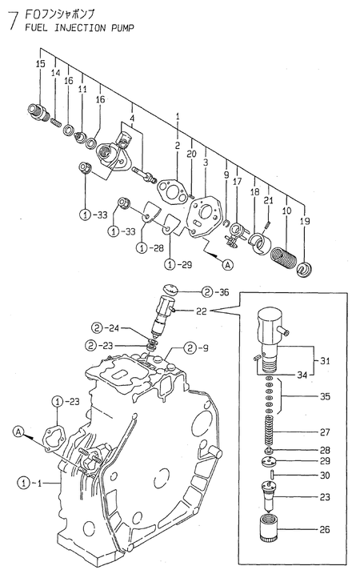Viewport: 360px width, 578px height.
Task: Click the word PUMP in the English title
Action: point(115,26)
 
